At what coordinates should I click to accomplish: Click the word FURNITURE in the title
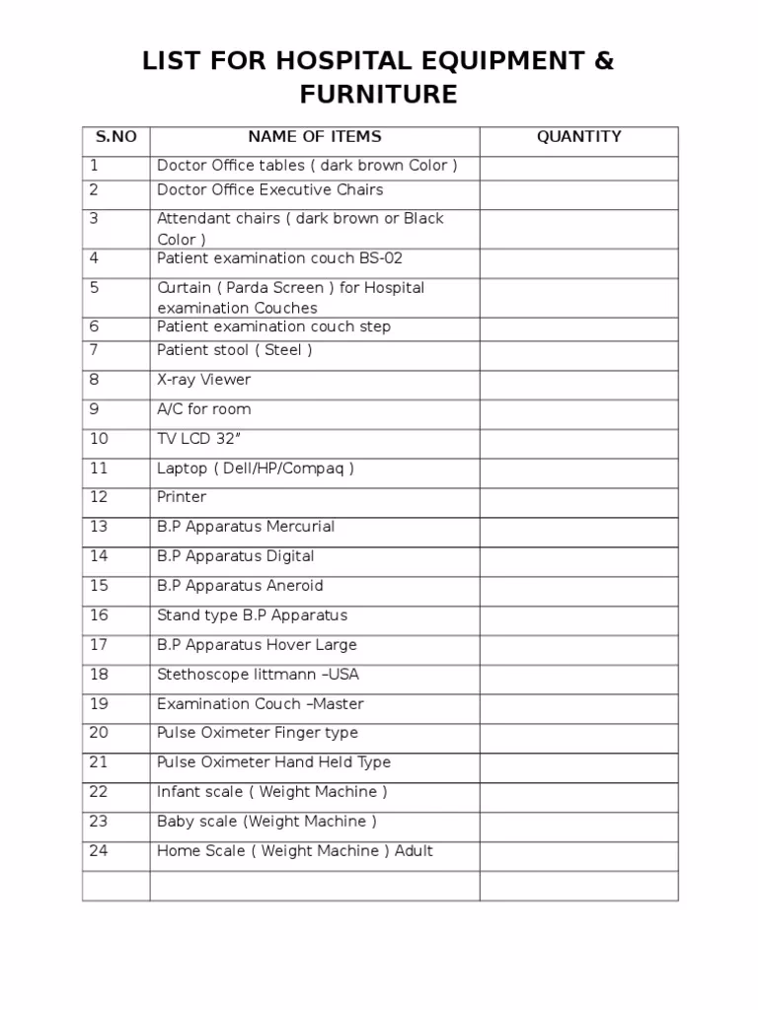tap(379, 95)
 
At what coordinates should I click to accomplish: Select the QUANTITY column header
tap(578, 137)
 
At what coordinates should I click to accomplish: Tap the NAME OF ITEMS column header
tap(314, 137)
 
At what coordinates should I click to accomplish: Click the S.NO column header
tap(114, 137)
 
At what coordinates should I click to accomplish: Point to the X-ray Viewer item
tap(203, 380)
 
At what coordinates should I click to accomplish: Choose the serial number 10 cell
tap(99, 439)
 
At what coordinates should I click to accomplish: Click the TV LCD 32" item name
tap(198, 439)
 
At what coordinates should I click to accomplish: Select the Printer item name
tap(182, 497)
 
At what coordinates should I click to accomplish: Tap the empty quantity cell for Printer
tap(578, 502)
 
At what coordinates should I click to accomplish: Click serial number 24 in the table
tap(99, 851)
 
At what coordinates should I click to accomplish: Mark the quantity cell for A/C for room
tap(578, 414)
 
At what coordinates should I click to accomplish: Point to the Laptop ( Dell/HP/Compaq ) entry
tap(255, 469)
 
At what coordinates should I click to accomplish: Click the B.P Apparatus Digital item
tap(235, 556)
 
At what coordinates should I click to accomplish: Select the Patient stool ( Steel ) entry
tap(234, 350)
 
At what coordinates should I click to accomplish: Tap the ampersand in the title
tap(603, 61)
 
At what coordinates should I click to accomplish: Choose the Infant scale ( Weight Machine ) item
tap(271, 792)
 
